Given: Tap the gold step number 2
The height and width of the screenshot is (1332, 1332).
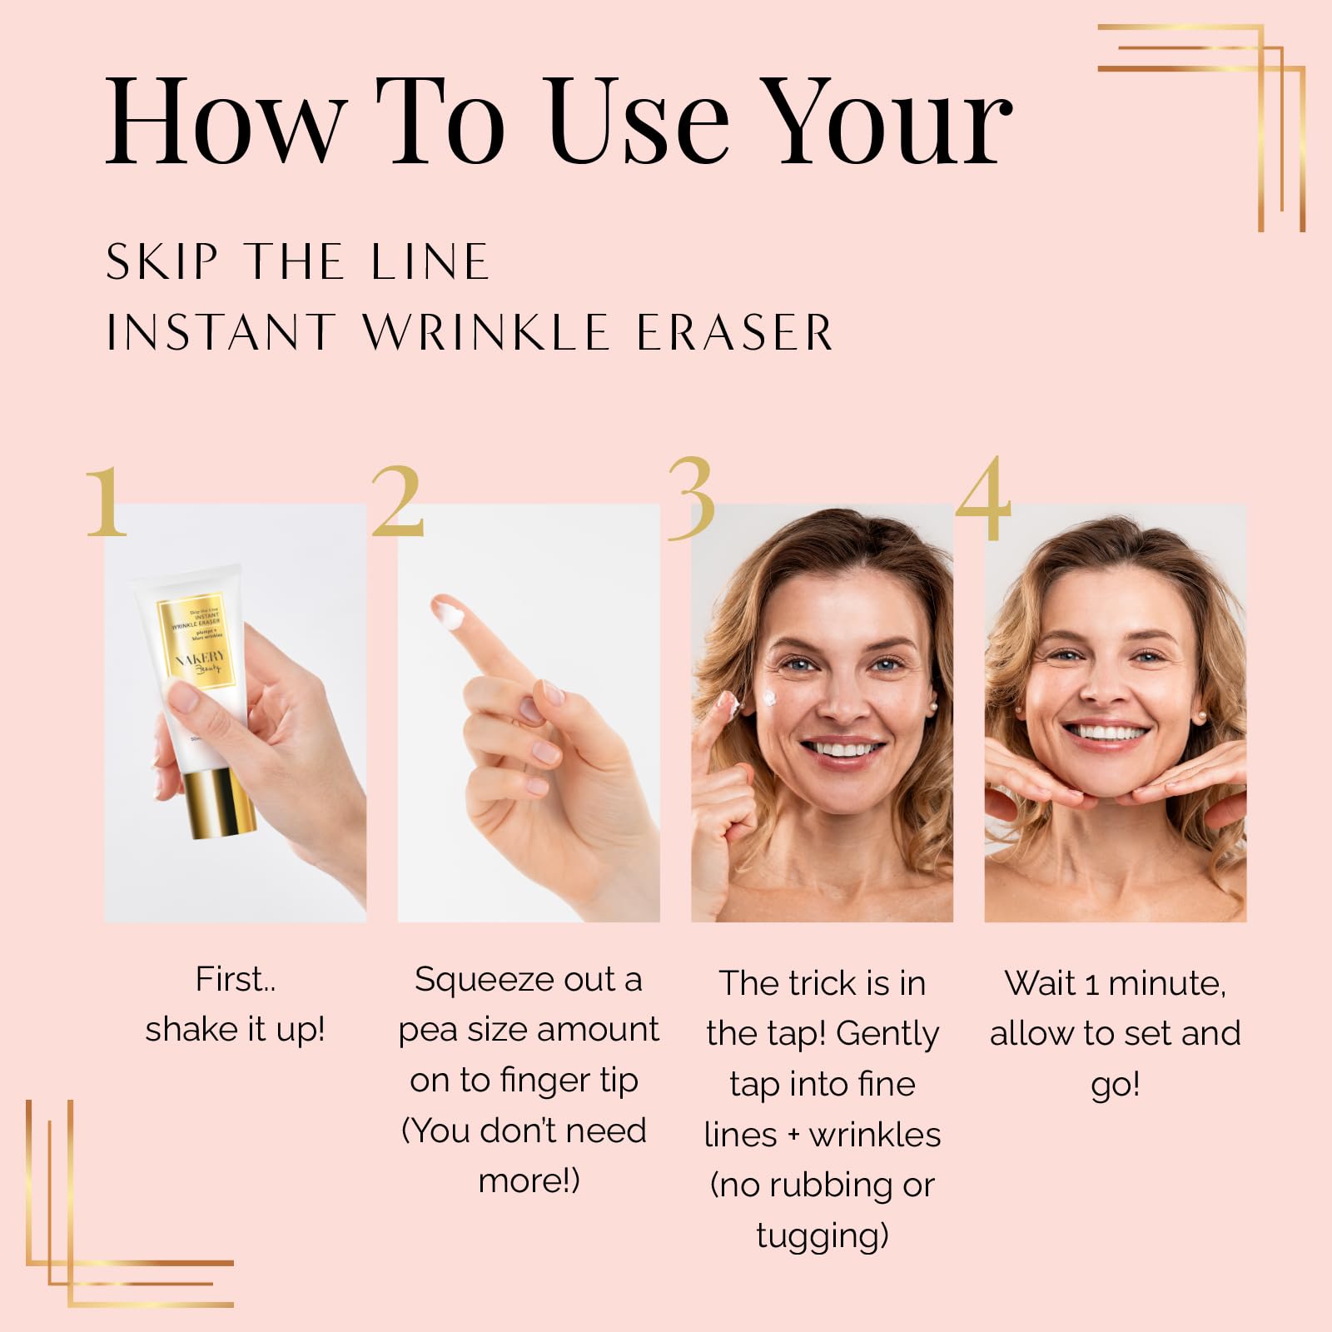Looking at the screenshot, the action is point(397,501).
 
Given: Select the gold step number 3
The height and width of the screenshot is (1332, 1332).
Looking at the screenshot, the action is point(692,499).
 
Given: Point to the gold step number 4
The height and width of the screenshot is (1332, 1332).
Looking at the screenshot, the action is point(984,498).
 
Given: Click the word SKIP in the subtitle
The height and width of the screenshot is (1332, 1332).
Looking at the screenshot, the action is point(162,262).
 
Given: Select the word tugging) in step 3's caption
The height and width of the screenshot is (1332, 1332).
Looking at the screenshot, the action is point(823,1237).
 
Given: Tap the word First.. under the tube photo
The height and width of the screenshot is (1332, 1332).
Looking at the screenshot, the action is point(236,980).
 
